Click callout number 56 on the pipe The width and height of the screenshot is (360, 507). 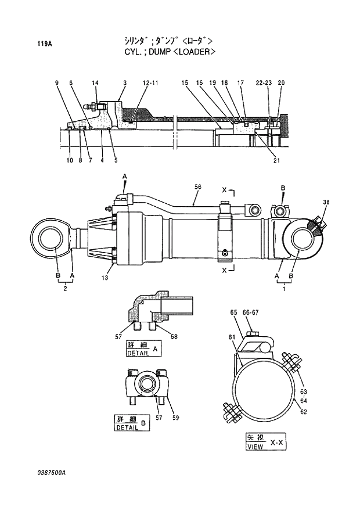[x=198, y=186]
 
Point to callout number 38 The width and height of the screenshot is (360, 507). [x=326, y=202]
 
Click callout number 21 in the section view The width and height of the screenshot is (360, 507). [x=276, y=161]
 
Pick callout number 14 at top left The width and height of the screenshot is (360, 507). [x=95, y=83]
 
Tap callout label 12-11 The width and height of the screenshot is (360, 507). [x=150, y=83]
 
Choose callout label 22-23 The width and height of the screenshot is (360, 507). [x=264, y=83]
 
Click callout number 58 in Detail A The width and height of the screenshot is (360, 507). [x=174, y=336]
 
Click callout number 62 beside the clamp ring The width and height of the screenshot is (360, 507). [x=303, y=412]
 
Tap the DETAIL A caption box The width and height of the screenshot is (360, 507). [x=143, y=348]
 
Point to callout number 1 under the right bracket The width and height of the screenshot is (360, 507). [x=284, y=288]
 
